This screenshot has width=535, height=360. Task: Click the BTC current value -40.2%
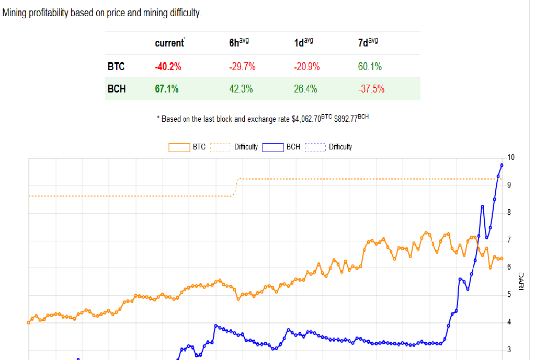point(168,66)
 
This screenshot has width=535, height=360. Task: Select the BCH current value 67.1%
point(167,89)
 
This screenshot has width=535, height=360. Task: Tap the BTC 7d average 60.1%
point(370,66)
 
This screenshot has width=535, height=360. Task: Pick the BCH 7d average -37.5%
point(371,89)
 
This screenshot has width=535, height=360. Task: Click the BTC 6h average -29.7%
point(242,66)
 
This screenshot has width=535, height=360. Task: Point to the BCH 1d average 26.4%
point(305,89)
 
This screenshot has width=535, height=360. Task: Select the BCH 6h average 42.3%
point(241,89)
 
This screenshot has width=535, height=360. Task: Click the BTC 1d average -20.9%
point(306,66)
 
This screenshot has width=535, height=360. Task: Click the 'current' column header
point(169,43)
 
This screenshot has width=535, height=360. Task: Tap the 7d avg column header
point(368,43)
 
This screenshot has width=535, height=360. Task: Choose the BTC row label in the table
point(116,66)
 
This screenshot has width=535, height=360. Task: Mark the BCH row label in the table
point(117,89)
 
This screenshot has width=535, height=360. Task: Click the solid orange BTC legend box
point(179,147)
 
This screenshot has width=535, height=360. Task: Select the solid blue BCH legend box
point(273,147)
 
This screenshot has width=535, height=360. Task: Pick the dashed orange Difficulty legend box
point(221,147)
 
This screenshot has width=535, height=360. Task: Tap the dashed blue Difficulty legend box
point(315,147)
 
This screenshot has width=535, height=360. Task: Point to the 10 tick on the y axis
point(511,157)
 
